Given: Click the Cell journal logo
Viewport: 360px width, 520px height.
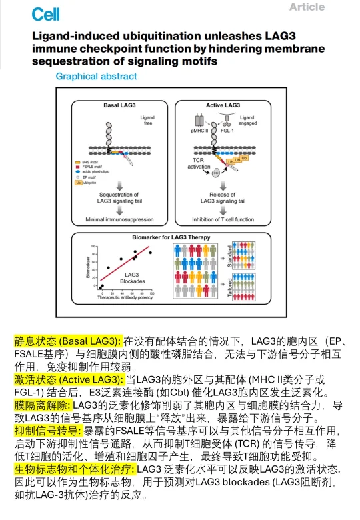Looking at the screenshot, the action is coord(45,14).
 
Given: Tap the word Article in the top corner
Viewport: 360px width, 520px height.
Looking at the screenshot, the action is coord(307,7).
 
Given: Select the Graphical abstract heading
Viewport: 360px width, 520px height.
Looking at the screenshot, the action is coord(96,77).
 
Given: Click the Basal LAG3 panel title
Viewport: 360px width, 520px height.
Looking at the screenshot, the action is coord(121,105).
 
